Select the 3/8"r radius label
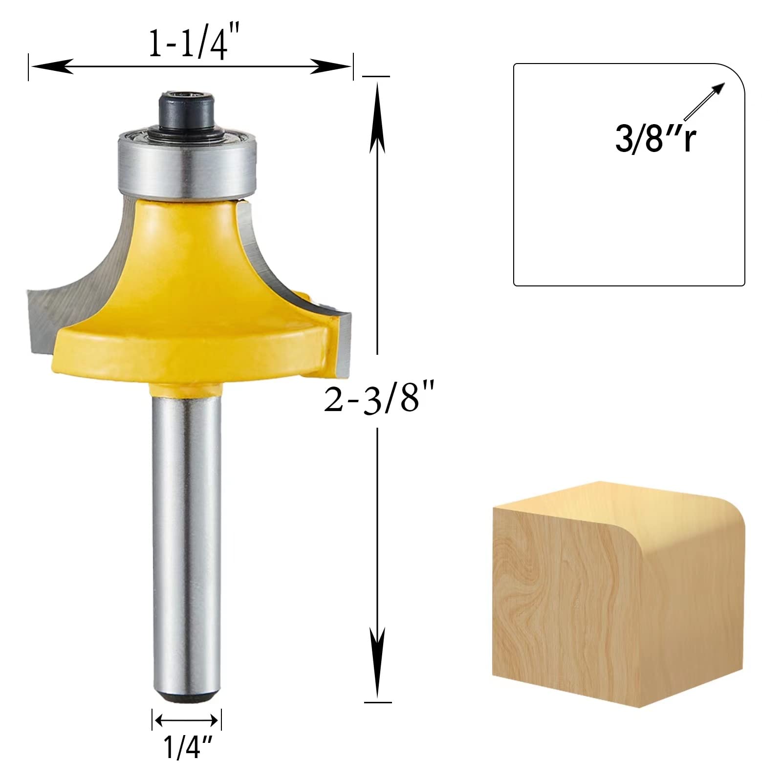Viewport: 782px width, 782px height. click(655, 138)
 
